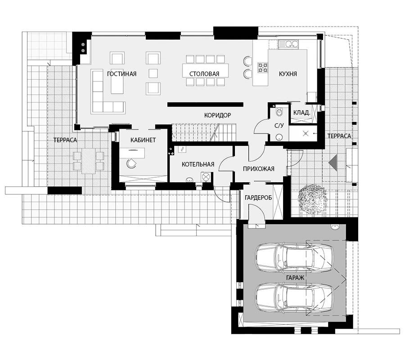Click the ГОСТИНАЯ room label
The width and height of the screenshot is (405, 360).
121,74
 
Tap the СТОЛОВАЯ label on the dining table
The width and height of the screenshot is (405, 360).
204,74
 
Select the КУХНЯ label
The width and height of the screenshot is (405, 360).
288,74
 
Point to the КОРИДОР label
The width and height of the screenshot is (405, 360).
217,115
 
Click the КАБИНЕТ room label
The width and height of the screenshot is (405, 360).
143,140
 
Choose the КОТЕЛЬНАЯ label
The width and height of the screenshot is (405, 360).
198,164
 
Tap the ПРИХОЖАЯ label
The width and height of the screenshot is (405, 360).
259,169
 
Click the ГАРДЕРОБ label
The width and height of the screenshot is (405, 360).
258,198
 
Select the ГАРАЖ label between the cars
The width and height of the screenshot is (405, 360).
295,278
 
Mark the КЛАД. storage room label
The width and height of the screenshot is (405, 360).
301,112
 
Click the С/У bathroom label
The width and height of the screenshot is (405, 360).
279,126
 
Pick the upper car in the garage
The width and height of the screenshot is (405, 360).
294,257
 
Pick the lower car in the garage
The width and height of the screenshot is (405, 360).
294,298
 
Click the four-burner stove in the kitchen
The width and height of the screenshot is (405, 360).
263,67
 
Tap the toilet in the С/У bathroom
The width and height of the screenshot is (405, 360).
279,111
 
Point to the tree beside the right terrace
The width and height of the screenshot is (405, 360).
312,199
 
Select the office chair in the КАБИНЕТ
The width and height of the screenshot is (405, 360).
131,163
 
